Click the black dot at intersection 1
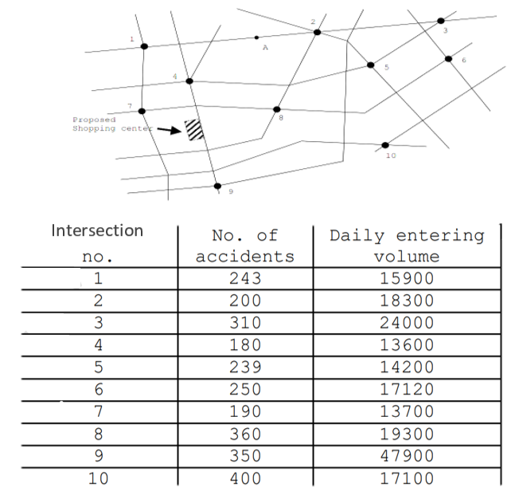[144, 46]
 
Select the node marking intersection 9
[217, 186]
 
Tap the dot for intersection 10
[385, 145]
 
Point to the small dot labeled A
[256, 37]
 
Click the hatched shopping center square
[194, 130]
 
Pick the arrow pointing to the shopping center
[169, 130]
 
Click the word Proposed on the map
[95, 120]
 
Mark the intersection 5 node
[371, 65]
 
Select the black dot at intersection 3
[441, 21]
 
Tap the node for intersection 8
[277, 109]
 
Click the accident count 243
[245, 278]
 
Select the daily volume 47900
[407, 456]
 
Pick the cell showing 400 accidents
[245, 478]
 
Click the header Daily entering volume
[407, 246]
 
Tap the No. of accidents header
[245, 246]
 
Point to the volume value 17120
[407, 389]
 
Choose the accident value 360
[245, 434]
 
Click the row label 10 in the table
[98, 478]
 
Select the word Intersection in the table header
[97, 230]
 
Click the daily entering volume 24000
[407, 323]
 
